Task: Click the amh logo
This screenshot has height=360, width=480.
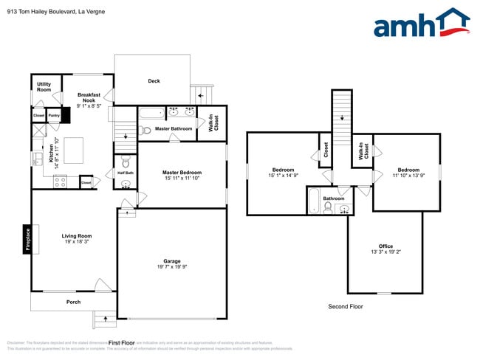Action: [421, 24]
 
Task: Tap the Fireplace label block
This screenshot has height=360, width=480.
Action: [27, 238]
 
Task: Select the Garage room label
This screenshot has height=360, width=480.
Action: [171, 261]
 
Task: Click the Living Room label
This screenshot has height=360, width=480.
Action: [76, 236]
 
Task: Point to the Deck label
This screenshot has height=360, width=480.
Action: [154, 81]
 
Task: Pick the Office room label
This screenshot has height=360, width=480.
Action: [385, 246]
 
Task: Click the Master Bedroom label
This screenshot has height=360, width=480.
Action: [182, 173]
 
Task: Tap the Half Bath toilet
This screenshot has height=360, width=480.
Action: [125, 162]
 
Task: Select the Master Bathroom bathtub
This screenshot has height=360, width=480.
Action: [152, 114]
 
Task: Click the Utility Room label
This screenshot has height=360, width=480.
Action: [44, 86]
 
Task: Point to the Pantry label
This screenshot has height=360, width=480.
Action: [54, 115]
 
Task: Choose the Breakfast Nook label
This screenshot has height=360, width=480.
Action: [88, 99]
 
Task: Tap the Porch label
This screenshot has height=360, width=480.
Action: [73, 302]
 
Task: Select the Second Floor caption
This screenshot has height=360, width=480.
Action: [345, 305]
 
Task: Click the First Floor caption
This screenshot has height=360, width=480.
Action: [122, 343]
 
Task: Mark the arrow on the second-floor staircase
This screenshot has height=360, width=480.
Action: [341, 117]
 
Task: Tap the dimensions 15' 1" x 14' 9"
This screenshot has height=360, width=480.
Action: [283, 176]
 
